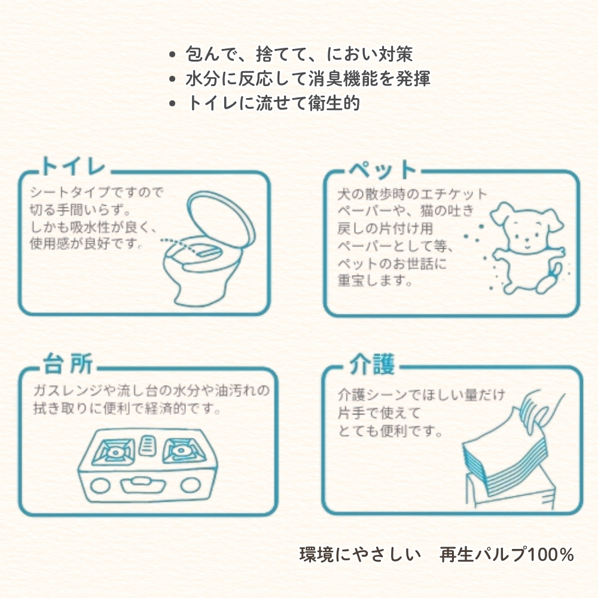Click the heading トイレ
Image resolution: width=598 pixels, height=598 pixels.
point(73,166)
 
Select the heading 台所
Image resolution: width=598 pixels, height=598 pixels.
point(68,363)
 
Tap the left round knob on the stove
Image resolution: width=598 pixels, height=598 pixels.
point(100,485)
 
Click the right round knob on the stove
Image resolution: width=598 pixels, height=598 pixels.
point(190,485)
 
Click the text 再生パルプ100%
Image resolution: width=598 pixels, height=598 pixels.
point(507,554)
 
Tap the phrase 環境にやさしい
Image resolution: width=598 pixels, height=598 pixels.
point(360,554)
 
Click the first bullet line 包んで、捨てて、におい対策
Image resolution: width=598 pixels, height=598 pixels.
point(299,54)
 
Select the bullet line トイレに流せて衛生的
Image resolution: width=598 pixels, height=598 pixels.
point(273,103)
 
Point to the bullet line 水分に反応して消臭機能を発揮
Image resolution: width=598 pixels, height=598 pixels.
point(308,78)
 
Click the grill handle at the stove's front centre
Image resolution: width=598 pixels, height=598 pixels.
point(143,485)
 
